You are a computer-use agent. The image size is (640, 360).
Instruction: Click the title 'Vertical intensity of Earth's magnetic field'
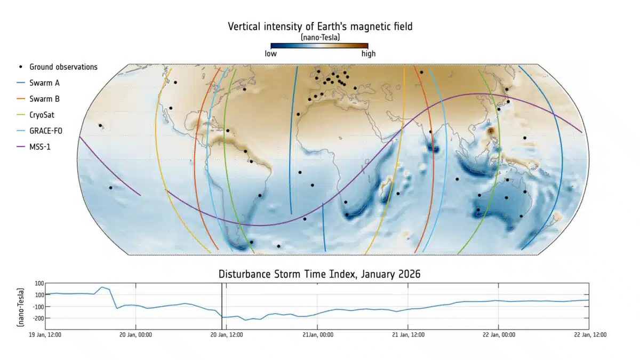pos(319,26)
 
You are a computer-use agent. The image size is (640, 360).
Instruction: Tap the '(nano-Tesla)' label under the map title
pos(320,37)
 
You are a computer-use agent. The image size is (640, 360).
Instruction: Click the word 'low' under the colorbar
pos(270,53)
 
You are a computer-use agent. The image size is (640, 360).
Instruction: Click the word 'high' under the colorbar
pos(368,53)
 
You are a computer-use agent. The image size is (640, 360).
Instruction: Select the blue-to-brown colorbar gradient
pos(319,46)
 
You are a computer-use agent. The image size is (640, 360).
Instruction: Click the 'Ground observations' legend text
pos(63,67)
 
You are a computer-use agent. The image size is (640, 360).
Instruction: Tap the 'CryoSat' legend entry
pos(42,115)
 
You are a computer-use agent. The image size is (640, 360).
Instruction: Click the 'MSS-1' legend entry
pos(41,146)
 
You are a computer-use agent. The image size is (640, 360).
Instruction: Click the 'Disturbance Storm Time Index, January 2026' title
pos(319,274)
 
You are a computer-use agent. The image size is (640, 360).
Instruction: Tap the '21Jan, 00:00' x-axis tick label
pos(318,335)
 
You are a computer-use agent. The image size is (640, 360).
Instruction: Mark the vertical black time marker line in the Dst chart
pos(222,306)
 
